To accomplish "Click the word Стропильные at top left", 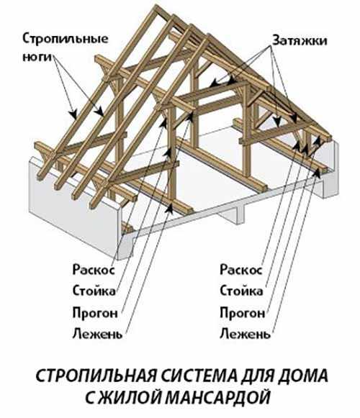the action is click(x=66, y=39).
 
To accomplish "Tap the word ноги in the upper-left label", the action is click(x=37, y=58).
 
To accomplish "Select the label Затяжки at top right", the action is click(x=300, y=41).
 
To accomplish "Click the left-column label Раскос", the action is click(x=94, y=270).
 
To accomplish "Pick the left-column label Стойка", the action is click(x=94, y=291).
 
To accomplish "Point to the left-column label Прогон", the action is click(x=95, y=312).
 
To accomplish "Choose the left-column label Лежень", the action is click(x=97, y=333).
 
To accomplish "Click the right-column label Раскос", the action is click(x=241, y=270).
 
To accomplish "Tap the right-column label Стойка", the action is click(x=241, y=291).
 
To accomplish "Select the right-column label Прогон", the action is click(x=243, y=312).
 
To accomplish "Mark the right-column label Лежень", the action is click(x=245, y=333).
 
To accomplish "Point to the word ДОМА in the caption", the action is click(x=302, y=376).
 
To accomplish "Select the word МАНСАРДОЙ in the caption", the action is click(x=218, y=397).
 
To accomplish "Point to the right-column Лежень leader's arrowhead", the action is click(x=317, y=173).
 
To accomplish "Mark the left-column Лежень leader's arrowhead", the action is click(x=169, y=209).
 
